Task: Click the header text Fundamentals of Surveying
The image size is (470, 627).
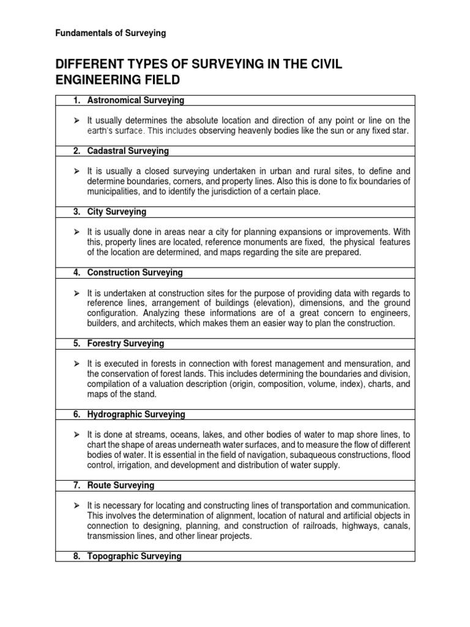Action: click(x=111, y=33)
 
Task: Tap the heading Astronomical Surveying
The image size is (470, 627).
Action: click(x=135, y=100)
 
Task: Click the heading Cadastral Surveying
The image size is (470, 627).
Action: click(x=128, y=151)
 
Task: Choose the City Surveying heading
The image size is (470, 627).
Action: click(x=117, y=212)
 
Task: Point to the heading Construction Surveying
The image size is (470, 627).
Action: click(x=135, y=272)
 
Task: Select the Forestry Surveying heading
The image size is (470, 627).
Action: click(x=125, y=344)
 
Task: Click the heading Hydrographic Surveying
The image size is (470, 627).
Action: click(x=136, y=415)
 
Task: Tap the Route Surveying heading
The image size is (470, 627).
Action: click(x=121, y=486)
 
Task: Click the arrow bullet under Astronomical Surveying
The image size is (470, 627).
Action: click(x=76, y=121)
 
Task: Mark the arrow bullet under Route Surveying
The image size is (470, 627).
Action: click(x=76, y=506)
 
